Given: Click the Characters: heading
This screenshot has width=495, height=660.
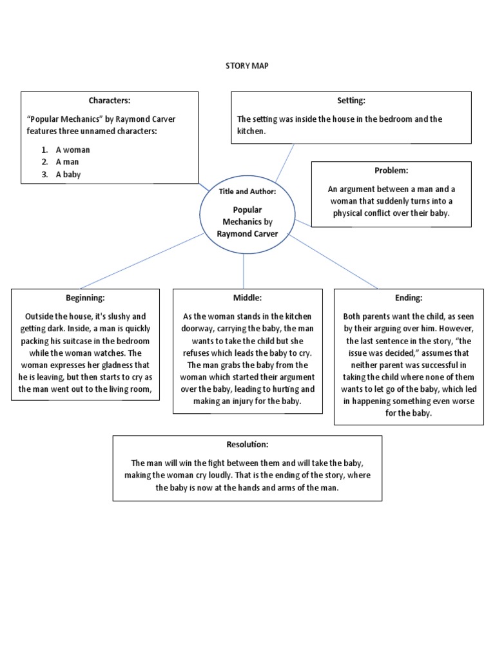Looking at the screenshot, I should (110, 101).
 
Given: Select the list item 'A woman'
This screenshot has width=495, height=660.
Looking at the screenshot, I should (72, 150).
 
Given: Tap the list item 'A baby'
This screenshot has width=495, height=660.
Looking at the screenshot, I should (68, 175).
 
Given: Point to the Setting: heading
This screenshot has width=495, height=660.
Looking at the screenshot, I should (351, 101).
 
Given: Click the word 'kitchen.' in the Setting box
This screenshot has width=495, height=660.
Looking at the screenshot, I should (252, 131).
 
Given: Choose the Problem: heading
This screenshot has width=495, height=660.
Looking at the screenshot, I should (391, 171).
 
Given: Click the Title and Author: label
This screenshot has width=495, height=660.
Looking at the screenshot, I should (247, 191).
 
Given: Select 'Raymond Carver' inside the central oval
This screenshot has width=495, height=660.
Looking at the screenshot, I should (247, 233).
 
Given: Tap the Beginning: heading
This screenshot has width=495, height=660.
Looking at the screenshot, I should (85, 298).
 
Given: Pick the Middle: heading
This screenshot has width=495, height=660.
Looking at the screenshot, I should (247, 298).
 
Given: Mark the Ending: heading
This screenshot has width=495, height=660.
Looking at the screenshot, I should (408, 298).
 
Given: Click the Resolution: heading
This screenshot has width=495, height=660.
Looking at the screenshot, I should (247, 445).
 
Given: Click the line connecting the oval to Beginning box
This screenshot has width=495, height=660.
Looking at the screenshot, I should (142, 260).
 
